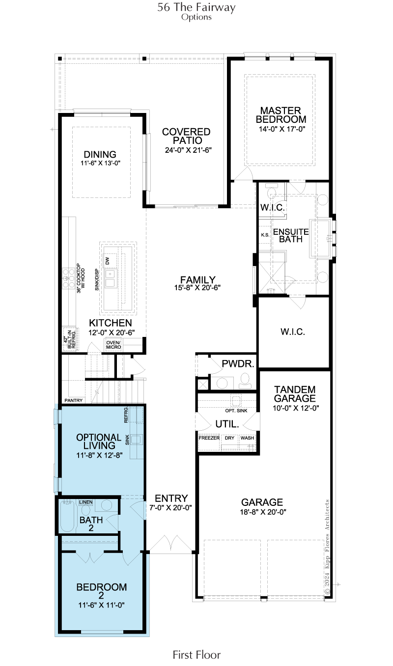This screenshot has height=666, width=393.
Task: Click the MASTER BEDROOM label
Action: pyautogui.click(x=281, y=115)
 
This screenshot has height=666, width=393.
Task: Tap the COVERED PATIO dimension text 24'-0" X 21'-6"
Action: pyautogui.click(x=188, y=150)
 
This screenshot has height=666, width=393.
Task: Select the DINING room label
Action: pyautogui.click(x=100, y=154)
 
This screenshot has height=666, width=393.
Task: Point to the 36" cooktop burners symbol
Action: pyautogui.click(x=68, y=278)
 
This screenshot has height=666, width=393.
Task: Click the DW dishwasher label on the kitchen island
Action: pyautogui.click(x=107, y=261)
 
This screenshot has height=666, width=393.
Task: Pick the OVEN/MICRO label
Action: pyautogui.click(x=113, y=345)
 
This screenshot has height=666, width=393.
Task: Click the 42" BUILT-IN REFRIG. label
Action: pyautogui.click(x=70, y=339)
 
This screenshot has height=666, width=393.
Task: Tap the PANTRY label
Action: pyautogui.click(x=73, y=400)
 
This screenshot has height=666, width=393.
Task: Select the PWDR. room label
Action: pyautogui.click(x=238, y=363)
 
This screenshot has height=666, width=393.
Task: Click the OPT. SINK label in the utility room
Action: pyautogui.click(x=236, y=411)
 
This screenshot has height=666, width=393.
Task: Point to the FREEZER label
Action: pyautogui.click(x=209, y=438)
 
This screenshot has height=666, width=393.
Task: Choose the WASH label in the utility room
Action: pyautogui.click(x=247, y=438)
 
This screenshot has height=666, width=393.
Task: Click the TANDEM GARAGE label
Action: pyautogui.click(x=295, y=394)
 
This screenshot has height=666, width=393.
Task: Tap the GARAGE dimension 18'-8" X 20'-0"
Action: pyautogui.click(x=263, y=512)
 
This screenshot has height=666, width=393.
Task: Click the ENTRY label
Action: pyautogui.click(x=171, y=499)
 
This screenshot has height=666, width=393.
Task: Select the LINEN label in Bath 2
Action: pyautogui.click(x=86, y=502)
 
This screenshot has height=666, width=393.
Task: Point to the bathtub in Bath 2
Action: pyautogui.click(x=67, y=517)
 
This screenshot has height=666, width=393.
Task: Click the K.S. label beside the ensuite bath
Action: pyautogui.click(x=265, y=235)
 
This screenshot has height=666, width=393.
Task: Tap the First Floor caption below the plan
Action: pyautogui.click(x=197, y=654)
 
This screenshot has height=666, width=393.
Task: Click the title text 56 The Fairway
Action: pyautogui.click(x=196, y=7)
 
